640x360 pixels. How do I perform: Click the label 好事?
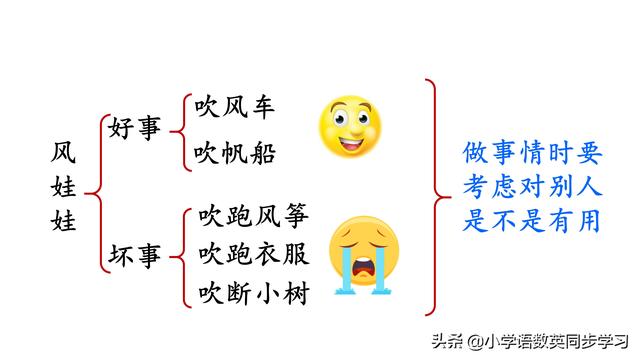135,129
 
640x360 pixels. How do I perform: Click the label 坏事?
135,256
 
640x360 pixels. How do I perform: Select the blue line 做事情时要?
533,153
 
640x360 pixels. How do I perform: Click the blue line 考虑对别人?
533,186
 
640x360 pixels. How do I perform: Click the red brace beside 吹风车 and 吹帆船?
180,130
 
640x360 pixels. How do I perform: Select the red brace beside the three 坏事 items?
180,255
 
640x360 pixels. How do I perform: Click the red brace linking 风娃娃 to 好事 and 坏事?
95,191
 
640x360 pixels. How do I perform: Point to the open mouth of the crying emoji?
366,269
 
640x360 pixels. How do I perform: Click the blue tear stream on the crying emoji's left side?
342,276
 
